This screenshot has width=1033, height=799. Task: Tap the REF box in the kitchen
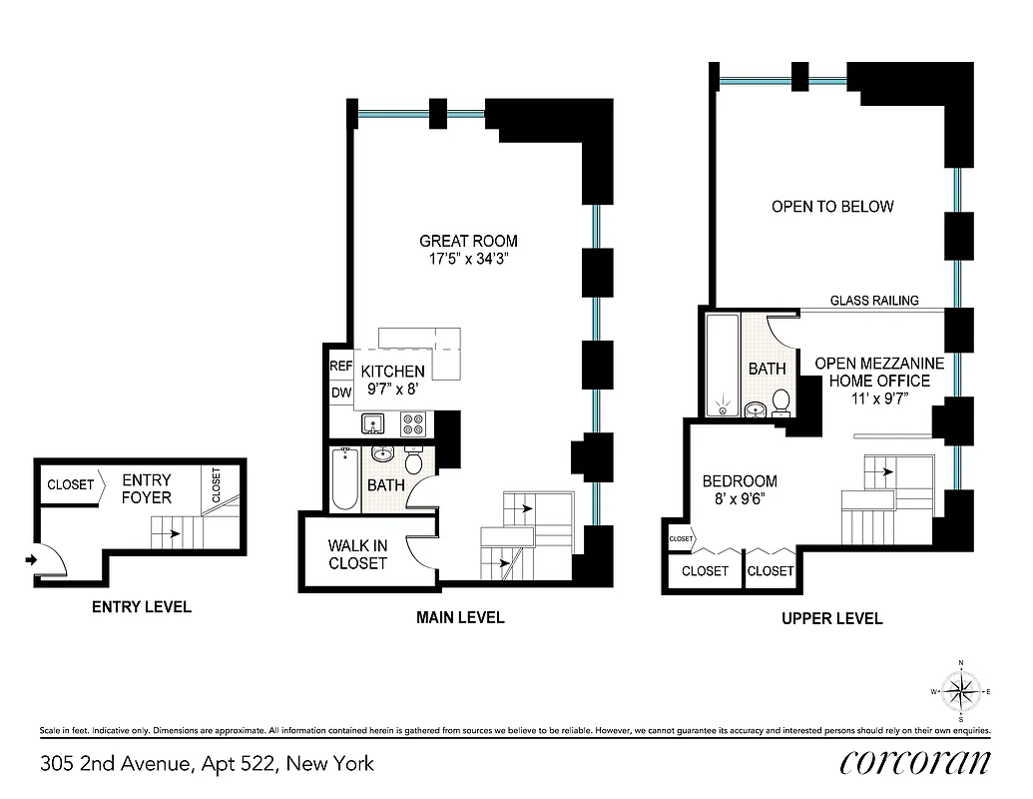coord(340,367)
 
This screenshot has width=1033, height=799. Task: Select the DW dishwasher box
coord(340,393)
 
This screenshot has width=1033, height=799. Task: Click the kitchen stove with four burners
coord(413,424)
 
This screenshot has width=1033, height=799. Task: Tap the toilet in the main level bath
coord(414,462)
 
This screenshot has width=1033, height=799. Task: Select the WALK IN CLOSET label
coord(357,554)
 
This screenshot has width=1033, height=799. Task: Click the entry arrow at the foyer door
coord(32,560)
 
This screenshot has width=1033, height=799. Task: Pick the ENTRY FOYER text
coord(147,488)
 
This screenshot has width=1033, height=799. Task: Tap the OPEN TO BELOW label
coord(832,207)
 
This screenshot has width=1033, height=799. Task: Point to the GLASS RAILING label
coord(874,301)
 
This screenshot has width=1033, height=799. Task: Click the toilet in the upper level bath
coord(780,400)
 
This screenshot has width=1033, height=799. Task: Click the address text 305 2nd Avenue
coord(207,764)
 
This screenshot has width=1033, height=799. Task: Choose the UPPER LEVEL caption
coord(831,618)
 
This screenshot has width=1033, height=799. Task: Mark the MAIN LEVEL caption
coord(460,617)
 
